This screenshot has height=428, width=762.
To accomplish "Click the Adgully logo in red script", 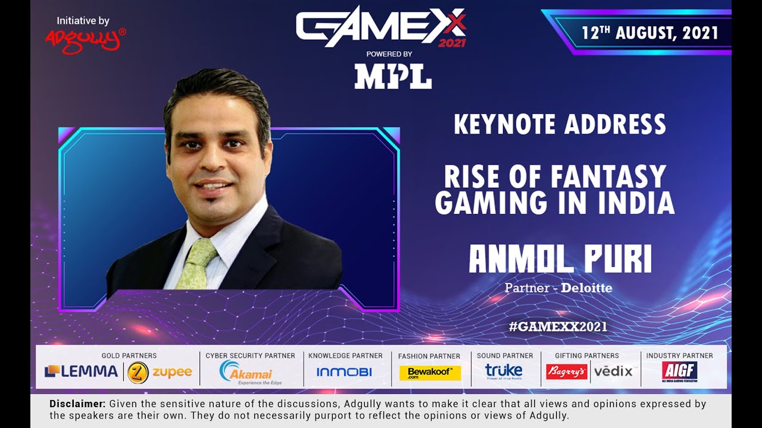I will tap(85, 40).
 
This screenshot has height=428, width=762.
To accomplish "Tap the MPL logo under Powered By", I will tap(393, 77).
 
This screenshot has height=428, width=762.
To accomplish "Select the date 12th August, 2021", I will tap(649, 32).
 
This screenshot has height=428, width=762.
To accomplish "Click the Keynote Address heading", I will tap(560, 124).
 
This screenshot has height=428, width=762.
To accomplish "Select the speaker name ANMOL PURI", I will tap(560, 260).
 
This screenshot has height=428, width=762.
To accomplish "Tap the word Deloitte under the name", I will tap(586, 288).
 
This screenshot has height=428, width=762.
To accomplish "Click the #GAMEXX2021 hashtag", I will tap(558, 326).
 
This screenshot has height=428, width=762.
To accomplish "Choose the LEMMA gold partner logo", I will tap(81, 372).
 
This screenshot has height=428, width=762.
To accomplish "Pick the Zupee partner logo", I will tap(160, 372).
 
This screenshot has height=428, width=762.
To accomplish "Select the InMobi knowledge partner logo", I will tap(344, 372).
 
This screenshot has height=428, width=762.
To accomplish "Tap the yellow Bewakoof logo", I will tap(430, 373).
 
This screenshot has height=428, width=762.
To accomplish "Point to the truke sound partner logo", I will tap(503, 372).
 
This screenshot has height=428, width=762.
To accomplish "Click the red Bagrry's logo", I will tap(566, 372).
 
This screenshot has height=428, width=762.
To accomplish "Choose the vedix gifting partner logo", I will tap(613, 372).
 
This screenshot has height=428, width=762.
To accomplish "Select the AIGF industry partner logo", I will tap(679, 372).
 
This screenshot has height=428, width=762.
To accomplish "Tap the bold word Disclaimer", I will tap(77, 404).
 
